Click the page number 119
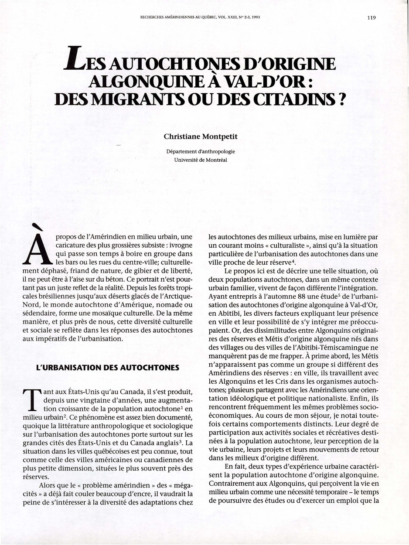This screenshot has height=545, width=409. (372, 18)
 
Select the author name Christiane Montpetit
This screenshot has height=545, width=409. (201, 136)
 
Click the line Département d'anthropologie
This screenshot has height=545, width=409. (201, 152)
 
